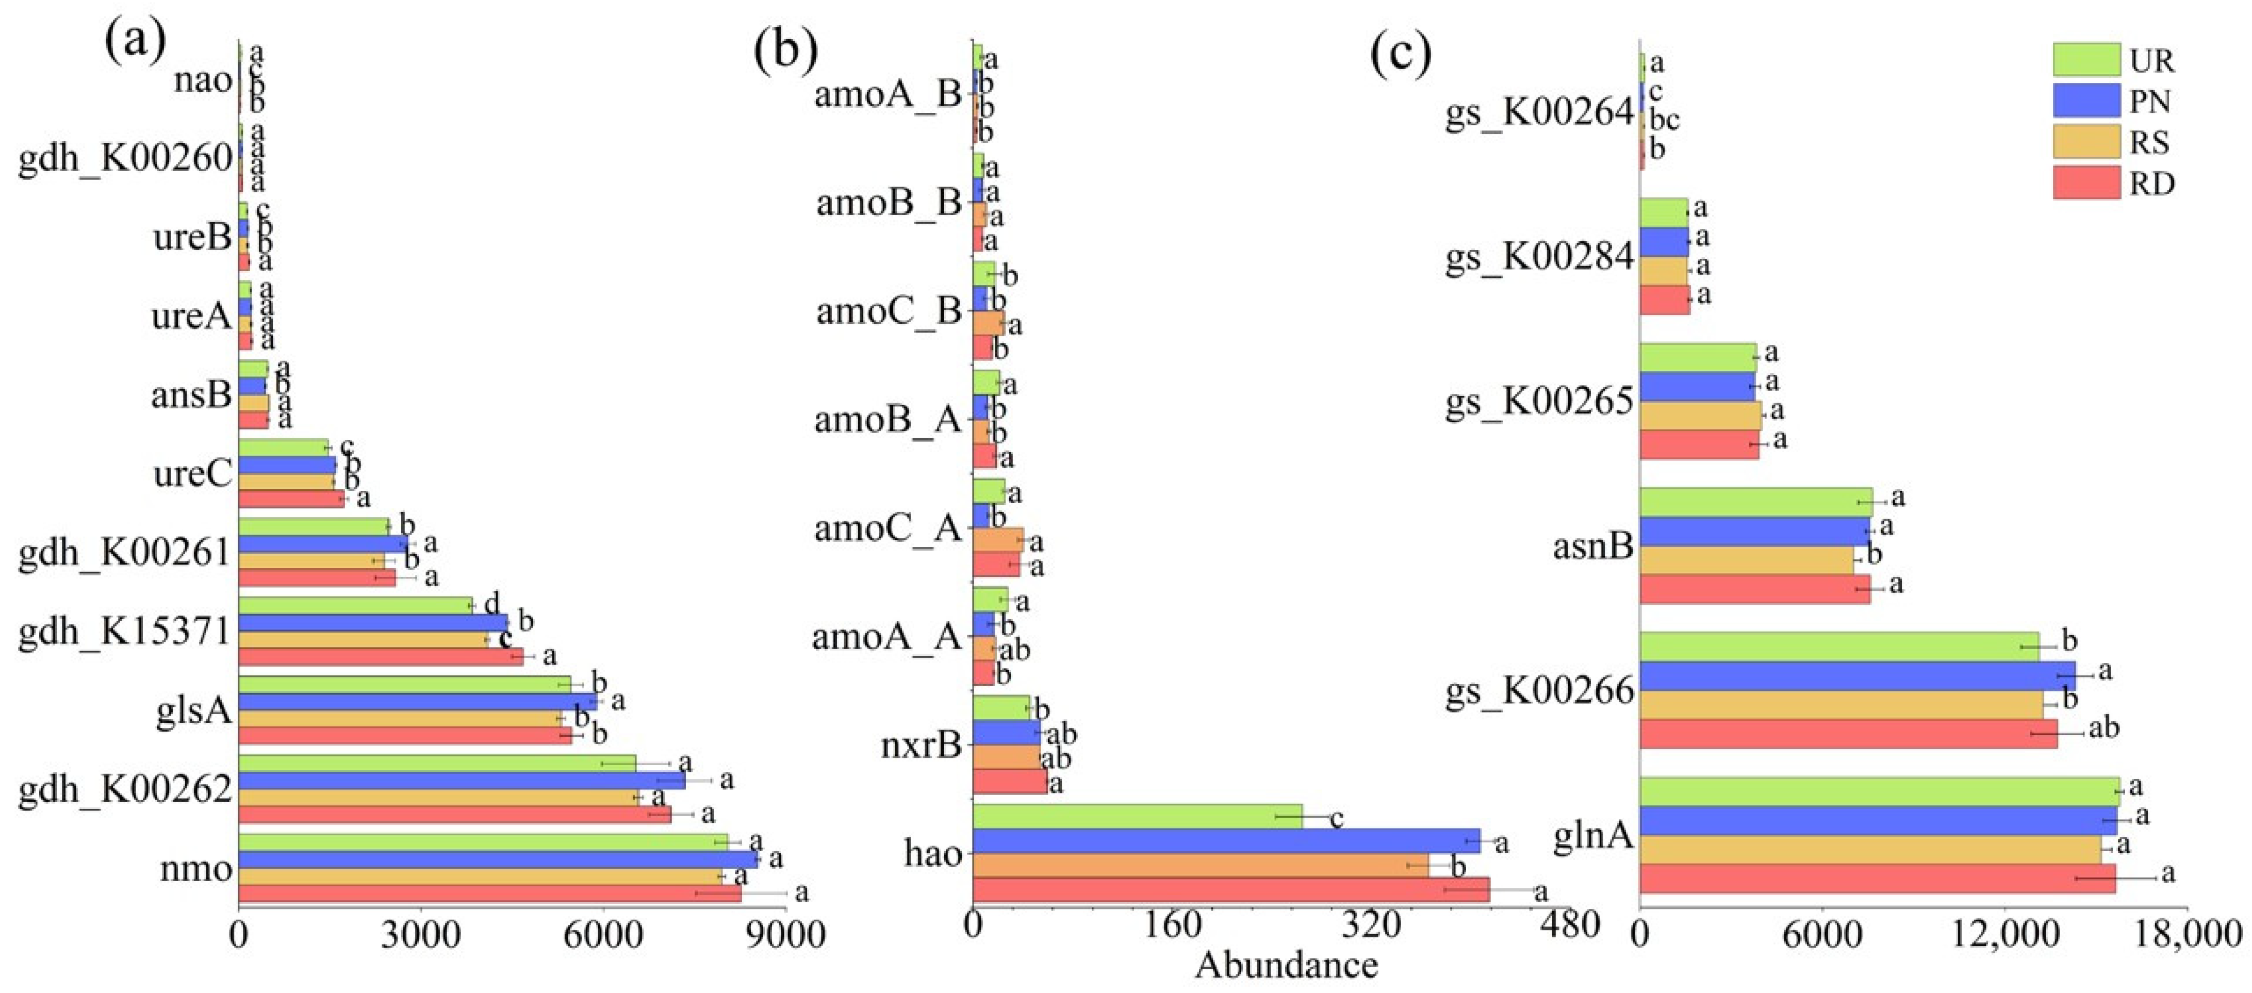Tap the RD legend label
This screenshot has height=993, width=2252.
[x=2151, y=184]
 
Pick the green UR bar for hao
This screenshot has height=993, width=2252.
[x=1137, y=817]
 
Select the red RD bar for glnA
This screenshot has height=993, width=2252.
[x=1877, y=879]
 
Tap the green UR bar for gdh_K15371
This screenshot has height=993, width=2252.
[x=355, y=605]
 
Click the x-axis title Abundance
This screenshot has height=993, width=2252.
[x=1286, y=966]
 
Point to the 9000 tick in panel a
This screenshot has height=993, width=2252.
[x=787, y=934]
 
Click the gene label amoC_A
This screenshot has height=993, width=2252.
[x=887, y=528]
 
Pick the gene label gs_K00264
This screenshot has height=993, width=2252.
[x=1539, y=113]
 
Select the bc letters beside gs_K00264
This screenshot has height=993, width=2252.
[x=1664, y=119]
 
